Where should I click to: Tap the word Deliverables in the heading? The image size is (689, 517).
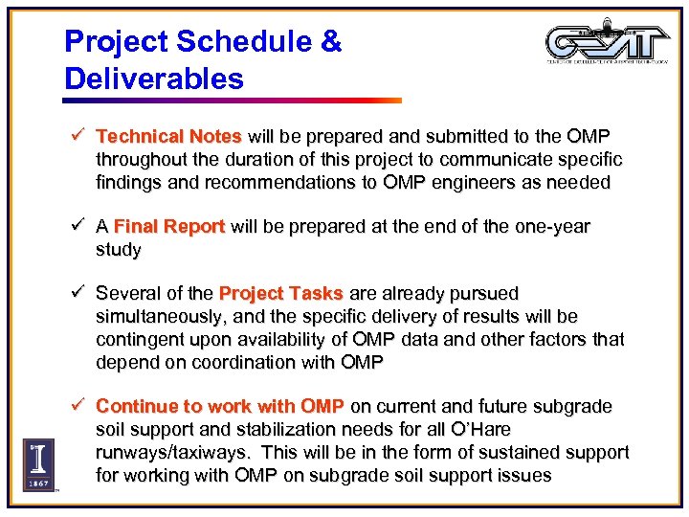click(x=154, y=79)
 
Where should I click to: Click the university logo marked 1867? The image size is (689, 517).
click(x=38, y=463)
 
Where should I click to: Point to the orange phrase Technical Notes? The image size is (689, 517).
click(x=169, y=136)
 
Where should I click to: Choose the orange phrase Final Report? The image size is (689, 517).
click(x=168, y=227)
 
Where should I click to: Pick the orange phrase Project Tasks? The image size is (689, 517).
click(x=283, y=293)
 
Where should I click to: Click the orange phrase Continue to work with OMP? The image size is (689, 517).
click(x=219, y=406)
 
